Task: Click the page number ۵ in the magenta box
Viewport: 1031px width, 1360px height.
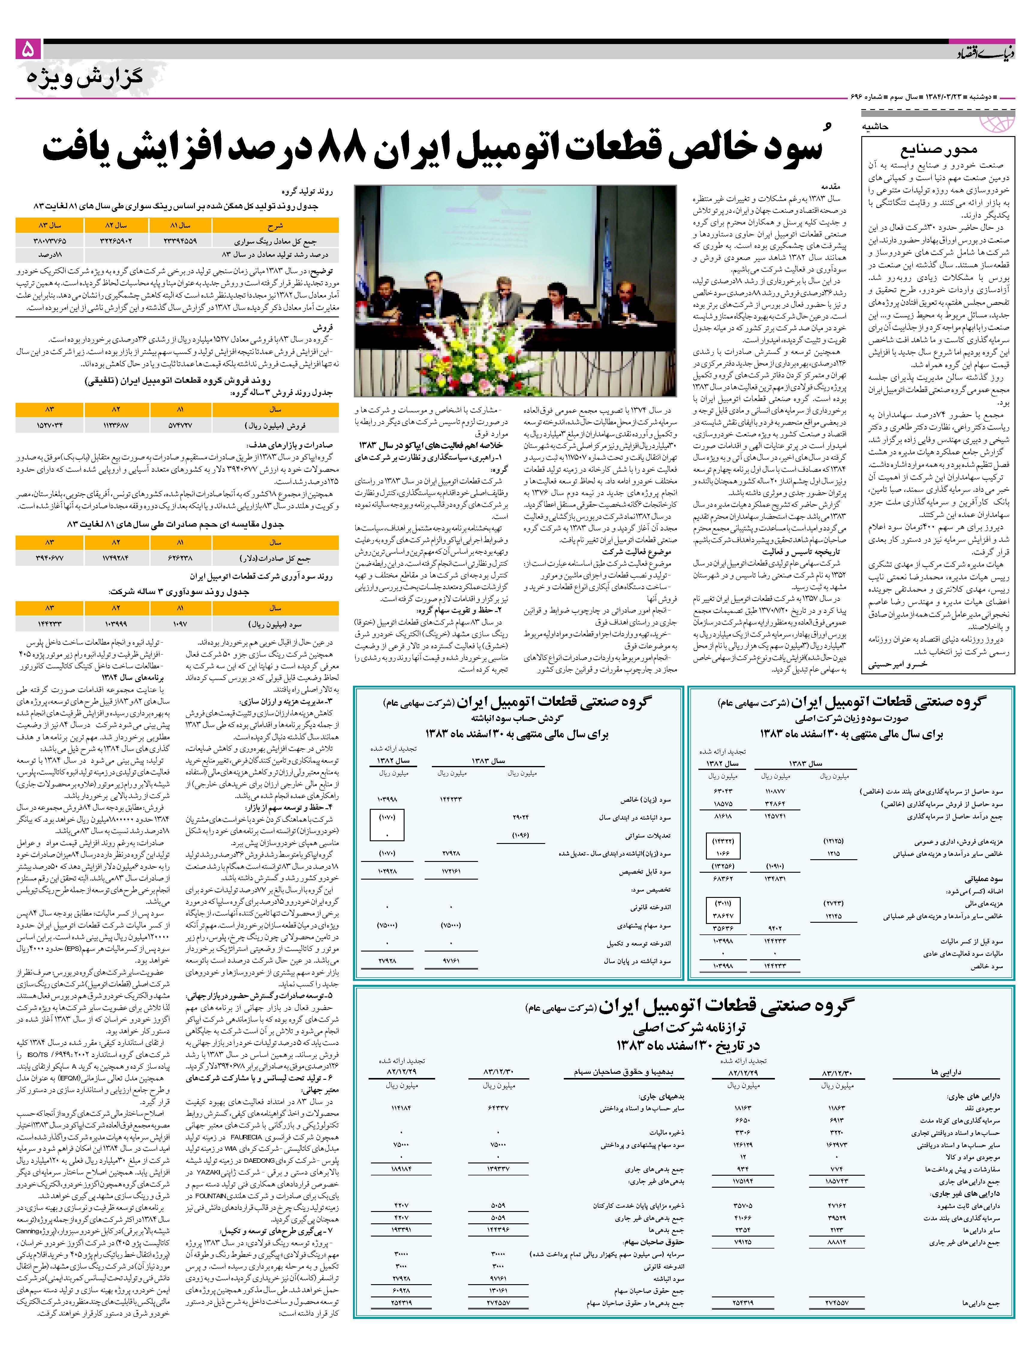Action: click(28, 49)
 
